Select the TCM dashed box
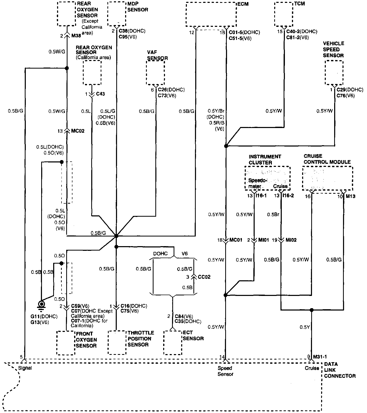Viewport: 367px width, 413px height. pyautogui.click(x=284, y=14)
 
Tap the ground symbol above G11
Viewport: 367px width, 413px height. pyautogui.click(x=41, y=305)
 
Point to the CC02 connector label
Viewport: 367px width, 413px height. pyautogui.click(x=204, y=277)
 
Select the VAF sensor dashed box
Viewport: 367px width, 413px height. pyautogui.click(x=156, y=73)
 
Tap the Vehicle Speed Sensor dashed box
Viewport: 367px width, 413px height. pyautogui.click(x=334, y=72)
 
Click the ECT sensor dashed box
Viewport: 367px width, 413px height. pyautogui.click(x=173, y=343)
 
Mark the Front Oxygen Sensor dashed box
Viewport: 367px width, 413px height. pyautogui.click(x=66, y=343)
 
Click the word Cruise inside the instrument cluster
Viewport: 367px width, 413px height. pyautogui.click(x=280, y=186)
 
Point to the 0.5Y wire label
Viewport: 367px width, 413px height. pyautogui.click(x=304, y=327)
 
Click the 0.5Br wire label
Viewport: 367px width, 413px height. pyautogui.click(x=273, y=215)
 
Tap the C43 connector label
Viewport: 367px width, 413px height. pyautogui.click(x=100, y=94)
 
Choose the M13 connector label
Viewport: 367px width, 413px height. pyautogui.click(x=351, y=196)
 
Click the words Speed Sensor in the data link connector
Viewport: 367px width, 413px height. pyautogui.click(x=225, y=371)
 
